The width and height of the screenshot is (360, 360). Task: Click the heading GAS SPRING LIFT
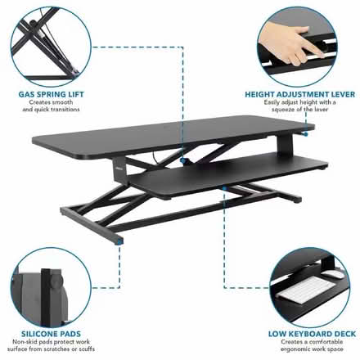[x=51, y=94]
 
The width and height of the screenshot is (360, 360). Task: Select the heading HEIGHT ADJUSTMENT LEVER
[x=299, y=94]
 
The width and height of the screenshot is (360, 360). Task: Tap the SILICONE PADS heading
[x=51, y=334]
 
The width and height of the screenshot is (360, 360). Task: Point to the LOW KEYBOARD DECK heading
[x=312, y=334]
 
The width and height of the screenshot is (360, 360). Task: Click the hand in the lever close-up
[x=290, y=43]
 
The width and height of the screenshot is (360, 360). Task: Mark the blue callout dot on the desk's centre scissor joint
[x=183, y=160]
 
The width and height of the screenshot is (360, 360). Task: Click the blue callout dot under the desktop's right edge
[x=306, y=134]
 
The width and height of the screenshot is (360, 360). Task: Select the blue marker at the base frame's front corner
[x=119, y=241]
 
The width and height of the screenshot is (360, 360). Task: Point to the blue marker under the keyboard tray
[x=224, y=188]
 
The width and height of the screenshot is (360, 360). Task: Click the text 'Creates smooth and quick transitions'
[x=51, y=106]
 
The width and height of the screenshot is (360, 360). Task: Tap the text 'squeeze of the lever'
[x=299, y=110]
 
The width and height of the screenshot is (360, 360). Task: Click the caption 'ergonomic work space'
[x=312, y=349]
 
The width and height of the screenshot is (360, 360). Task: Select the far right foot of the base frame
[x=296, y=200]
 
